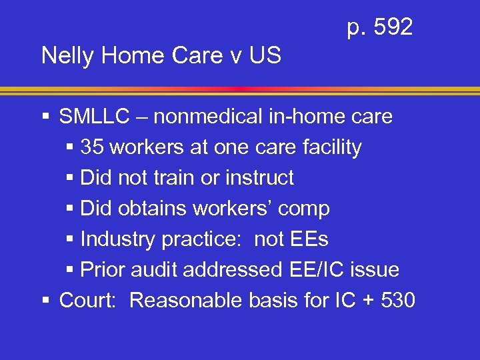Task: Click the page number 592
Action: pyautogui.click(x=393, y=27)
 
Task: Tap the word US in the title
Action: pyautogui.click(x=264, y=55)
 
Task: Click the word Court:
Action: pyautogui.click(x=89, y=301)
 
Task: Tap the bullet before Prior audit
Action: pyautogui.click(x=70, y=270)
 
